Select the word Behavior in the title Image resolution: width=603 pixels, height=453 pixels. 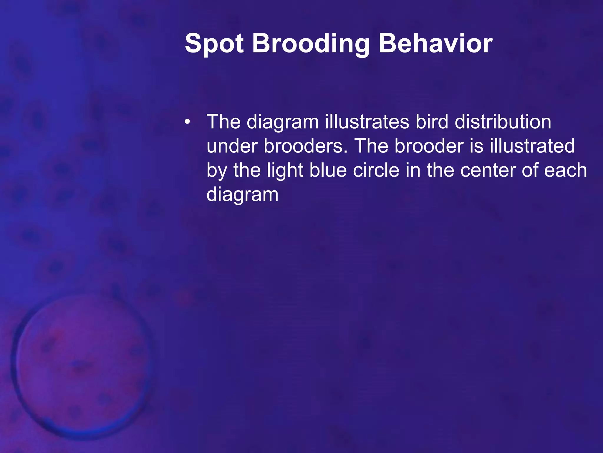[435, 44]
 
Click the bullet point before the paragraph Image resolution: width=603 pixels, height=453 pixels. [187, 122]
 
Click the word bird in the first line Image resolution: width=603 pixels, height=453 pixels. [432, 122]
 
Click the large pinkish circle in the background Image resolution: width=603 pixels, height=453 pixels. [81, 366]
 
